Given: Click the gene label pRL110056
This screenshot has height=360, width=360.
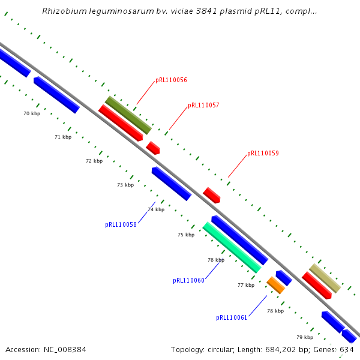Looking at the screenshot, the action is pos(171,80).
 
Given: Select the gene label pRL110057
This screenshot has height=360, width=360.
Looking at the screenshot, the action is pos(203,105).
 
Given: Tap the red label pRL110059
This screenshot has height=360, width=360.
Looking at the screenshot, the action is pos(263,154).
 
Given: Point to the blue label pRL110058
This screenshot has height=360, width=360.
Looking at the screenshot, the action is pos(121,225).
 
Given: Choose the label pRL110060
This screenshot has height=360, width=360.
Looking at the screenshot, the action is pos(188,280).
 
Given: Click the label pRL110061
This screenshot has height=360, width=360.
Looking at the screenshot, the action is pos(232,317).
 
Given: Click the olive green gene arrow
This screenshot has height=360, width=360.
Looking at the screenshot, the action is pos(128,115).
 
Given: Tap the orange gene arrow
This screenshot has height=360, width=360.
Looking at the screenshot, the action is pos(275,284).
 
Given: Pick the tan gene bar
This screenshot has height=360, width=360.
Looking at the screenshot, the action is pos(325,278).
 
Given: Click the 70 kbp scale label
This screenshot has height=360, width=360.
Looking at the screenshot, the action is pos(32,113).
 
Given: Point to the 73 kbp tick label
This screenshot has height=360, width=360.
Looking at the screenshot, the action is pos(125,185).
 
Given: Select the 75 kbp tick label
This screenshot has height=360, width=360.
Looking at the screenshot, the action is pos(186,235).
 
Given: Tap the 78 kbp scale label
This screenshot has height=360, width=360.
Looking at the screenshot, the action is pos(275,311).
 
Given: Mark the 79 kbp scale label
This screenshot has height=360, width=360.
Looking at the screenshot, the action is pos(305,337).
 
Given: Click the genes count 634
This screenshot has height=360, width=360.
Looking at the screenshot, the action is pos(347,349).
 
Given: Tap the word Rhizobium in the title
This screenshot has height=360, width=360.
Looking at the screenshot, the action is pos(63,11).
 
